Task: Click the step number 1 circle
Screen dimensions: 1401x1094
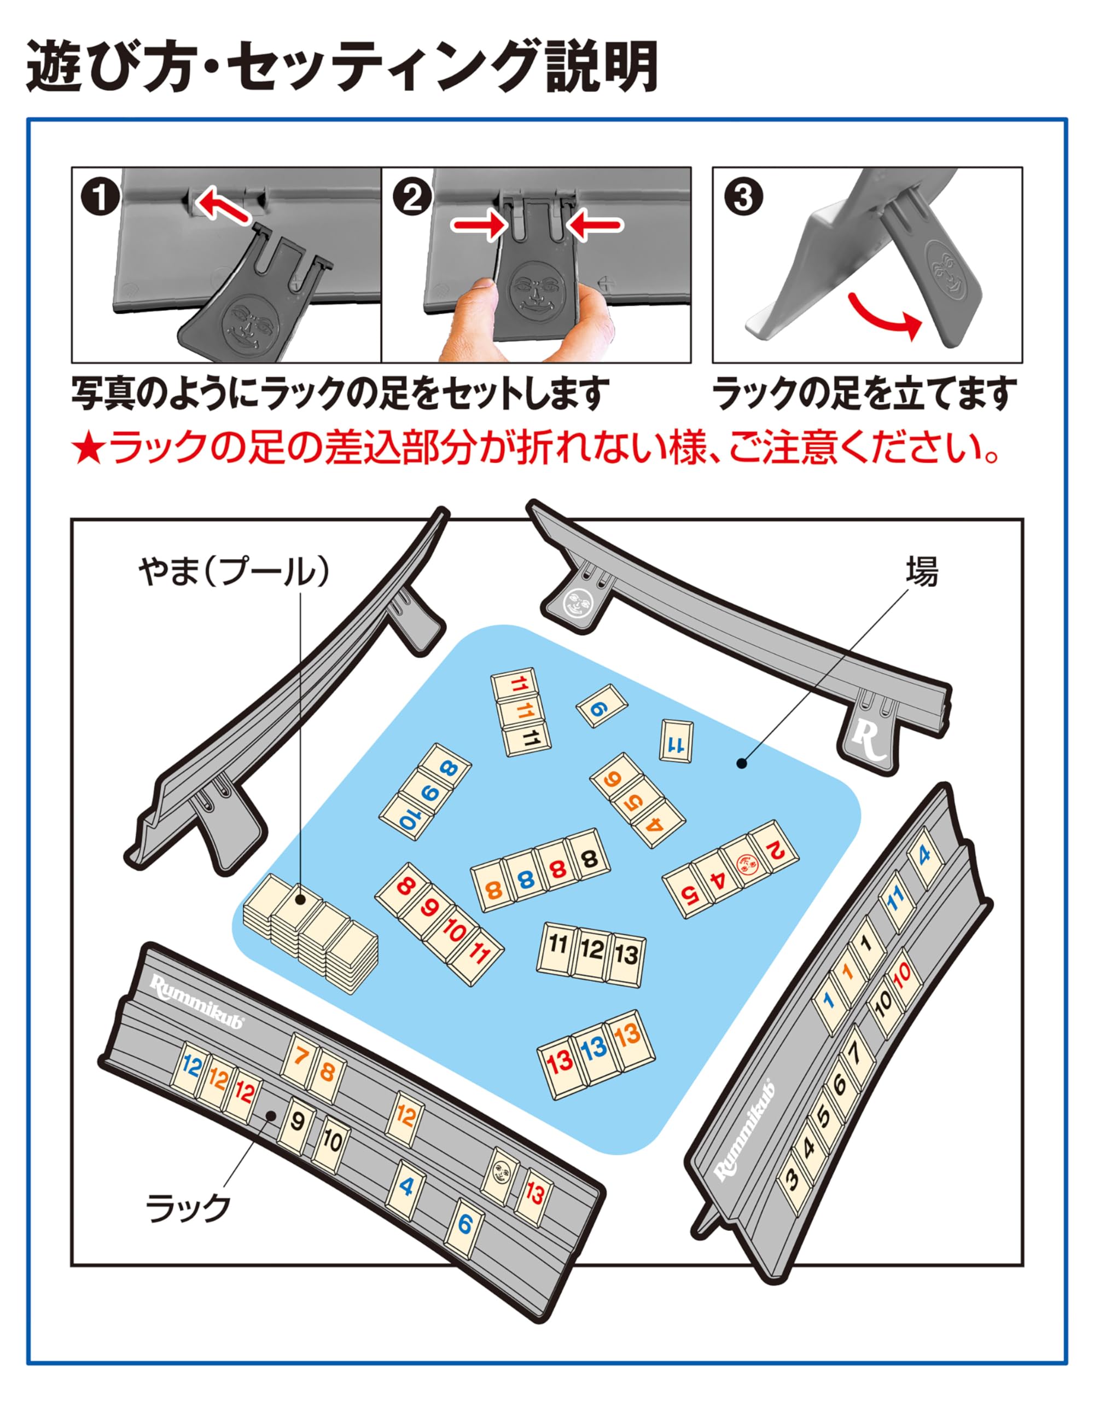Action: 100,198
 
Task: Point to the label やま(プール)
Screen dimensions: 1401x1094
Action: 234,571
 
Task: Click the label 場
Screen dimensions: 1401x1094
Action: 922,571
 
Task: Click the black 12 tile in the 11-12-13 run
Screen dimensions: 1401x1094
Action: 591,950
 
